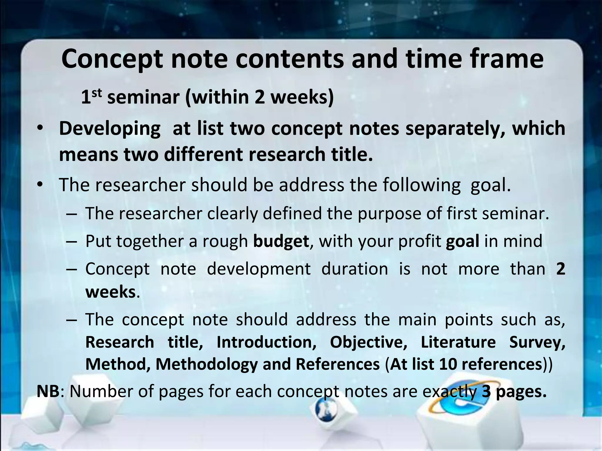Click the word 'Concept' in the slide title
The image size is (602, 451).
pos(112,60)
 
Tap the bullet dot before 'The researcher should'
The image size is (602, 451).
pos(40,185)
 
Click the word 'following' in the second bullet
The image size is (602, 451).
pos(422,185)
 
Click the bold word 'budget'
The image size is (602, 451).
pos(281,241)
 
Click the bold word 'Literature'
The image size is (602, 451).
pos(458,342)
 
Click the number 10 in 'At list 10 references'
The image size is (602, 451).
pos(449,364)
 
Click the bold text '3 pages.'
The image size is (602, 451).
pos(514,392)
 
